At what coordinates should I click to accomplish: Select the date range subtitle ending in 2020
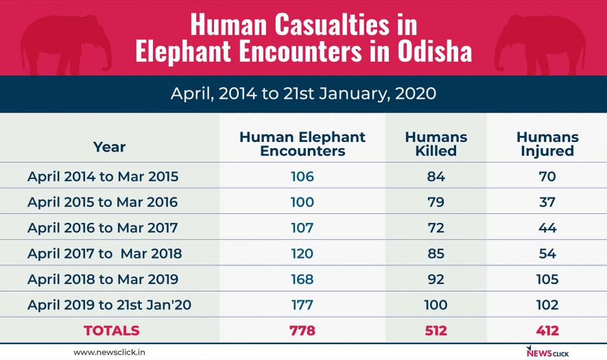coord(303,93)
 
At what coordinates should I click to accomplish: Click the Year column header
coord(109,146)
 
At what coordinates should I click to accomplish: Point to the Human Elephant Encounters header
coord(302,144)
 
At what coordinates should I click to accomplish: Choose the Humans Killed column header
coord(436,144)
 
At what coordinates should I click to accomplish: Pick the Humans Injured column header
coord(547,144)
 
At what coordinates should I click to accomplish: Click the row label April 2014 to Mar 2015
coord(103,176)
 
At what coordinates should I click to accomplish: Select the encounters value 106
coord(302,176)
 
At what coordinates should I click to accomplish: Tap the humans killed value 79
coord(436,202)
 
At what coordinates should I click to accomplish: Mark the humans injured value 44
coord(547,228)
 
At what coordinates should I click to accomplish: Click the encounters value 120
coord(302,254)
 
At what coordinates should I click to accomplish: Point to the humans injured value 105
coord(547,279)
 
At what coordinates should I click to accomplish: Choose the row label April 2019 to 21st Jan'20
coord(110,305)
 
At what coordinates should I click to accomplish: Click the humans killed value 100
coord(436,305)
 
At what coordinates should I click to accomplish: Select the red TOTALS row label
coord(112,331)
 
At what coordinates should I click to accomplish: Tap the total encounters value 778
coord(302,331)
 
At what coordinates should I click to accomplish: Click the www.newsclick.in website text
coord(109,352)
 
